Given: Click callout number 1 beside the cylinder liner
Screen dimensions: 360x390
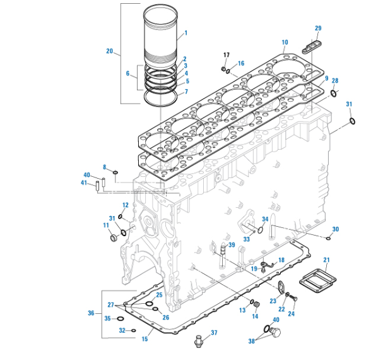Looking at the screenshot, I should [x=186, y=32].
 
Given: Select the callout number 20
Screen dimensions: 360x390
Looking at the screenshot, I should [x=109, y=51].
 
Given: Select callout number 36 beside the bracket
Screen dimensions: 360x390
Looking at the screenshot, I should [x=92, y=313].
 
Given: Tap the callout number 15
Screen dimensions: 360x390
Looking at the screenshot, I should [x=145, y=339].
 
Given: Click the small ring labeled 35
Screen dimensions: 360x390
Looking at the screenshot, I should [x=120, y=318].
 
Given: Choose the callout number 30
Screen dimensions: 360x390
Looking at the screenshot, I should [x=335, y=229].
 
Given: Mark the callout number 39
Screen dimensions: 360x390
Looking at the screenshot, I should [x=232, y=245].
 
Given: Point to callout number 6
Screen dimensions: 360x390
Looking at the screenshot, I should [x=129, y=73].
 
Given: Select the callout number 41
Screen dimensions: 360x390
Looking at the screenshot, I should [x=84, y=183].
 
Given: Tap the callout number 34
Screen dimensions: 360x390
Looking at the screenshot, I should [x=265, y=219].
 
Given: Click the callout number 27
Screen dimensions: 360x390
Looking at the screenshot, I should [x=111, y=304].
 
